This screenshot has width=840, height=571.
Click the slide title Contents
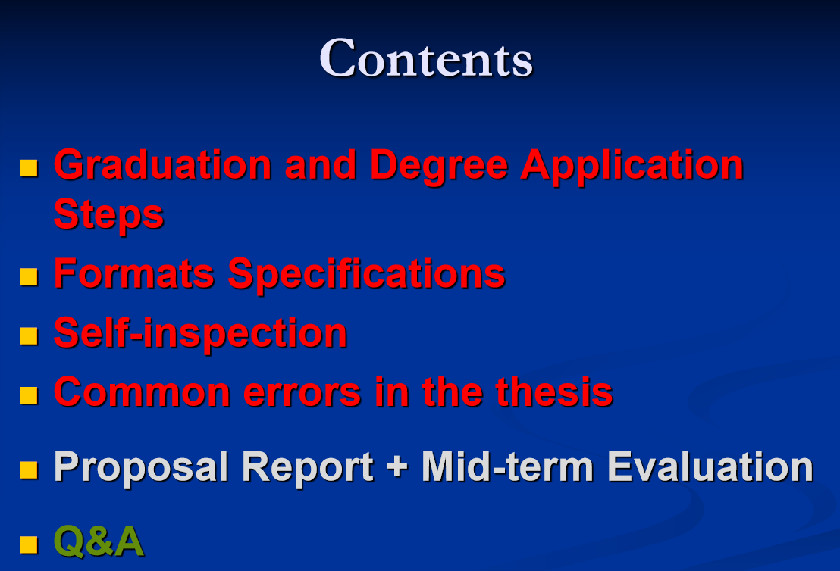coord(426,58)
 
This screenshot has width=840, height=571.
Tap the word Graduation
coord(163,164)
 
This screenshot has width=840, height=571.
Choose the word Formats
coord(134,273)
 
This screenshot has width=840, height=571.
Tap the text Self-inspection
coord(201,334)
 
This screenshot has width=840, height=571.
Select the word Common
coord(142,392)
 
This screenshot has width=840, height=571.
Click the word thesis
coord(554,392)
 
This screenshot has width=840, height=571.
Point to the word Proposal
coord(141,468)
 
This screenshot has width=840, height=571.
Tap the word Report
coord(308,468)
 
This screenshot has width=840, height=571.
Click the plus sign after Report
coord(397,466)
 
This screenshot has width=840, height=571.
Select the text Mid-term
coord(507,466)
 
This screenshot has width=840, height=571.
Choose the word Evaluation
coord(710,466)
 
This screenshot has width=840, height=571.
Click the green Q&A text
coord(99,541)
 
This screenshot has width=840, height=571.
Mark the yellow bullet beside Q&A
coord(29,544)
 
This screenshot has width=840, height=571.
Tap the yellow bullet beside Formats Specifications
coord(29,276)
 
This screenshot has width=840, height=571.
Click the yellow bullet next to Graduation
coord(29,167)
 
